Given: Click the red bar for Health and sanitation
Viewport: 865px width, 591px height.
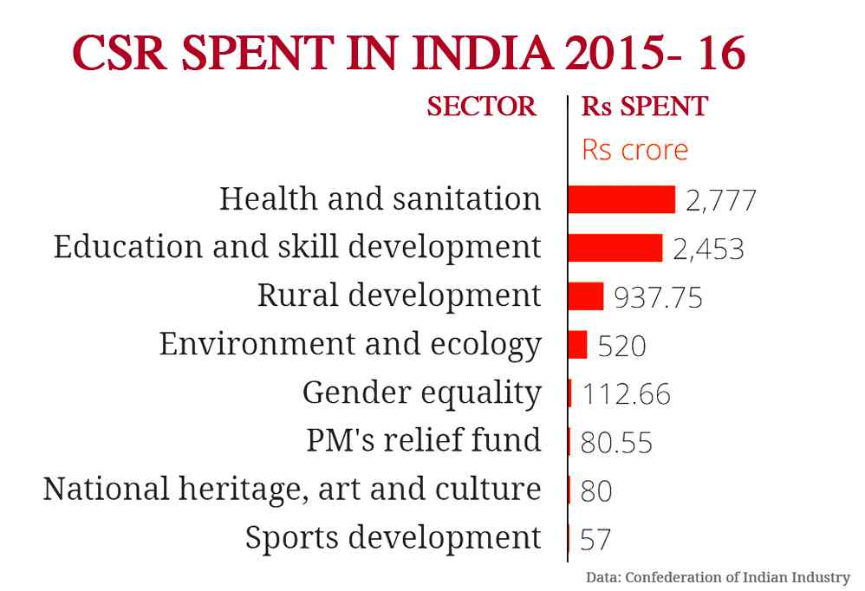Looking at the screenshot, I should [x=621, y=199].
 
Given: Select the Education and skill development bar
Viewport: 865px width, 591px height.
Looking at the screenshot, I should [x=615, y=248].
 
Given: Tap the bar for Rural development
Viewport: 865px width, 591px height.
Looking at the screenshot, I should [x=586, y=296].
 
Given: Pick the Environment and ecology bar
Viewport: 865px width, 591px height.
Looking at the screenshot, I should [x=578, y=345].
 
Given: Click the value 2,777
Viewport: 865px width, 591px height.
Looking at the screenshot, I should [x=721, y=201].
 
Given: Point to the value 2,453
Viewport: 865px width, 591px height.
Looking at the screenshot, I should [x=708, y=250].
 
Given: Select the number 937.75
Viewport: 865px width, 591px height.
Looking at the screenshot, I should [x=658, y=298].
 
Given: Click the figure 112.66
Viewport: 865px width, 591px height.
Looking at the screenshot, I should [x=626, y=395].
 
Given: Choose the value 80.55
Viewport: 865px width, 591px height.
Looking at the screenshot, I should [x=616, y=444].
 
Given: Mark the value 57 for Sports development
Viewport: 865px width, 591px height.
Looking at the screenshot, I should [x=595, y=541].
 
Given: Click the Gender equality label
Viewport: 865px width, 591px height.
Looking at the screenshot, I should [x=422, y=393].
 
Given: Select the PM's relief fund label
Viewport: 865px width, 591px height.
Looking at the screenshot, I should [x=424, y=440].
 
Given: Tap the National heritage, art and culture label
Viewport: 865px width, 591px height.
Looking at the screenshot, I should [x=292, y=490].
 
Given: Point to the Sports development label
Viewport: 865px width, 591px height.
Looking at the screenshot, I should [x=393, y=538].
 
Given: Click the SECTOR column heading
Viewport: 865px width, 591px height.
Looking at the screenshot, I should [x=482, y=107].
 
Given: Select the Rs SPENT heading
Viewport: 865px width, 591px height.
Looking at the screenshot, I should [x=644, y=107].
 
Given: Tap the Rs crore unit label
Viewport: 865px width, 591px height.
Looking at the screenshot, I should [x=634, y=150].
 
